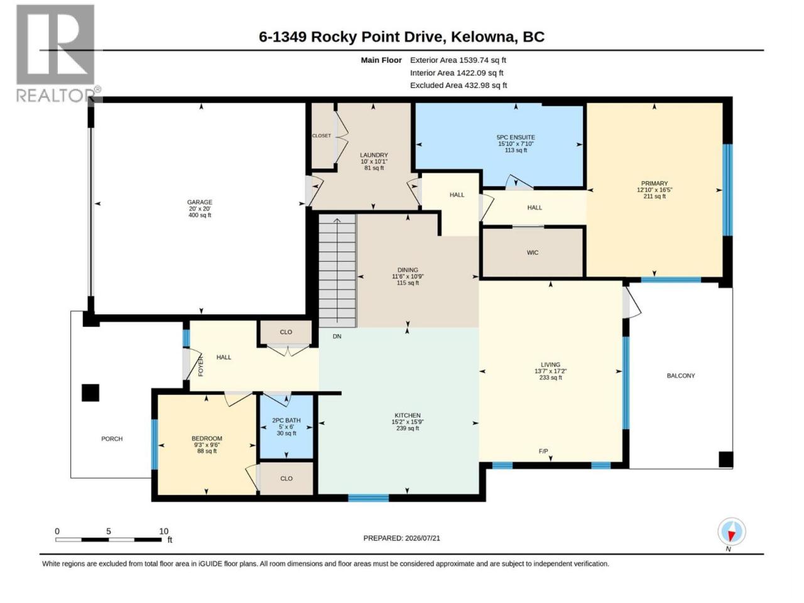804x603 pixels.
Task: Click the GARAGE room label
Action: point(200,202)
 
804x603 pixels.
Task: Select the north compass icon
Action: point(731,533)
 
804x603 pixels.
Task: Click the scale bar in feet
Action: point(109,540)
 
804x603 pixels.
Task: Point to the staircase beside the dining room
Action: point(337,271)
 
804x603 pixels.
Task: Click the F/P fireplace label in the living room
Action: point(543,452)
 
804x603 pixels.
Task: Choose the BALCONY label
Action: point(680,376)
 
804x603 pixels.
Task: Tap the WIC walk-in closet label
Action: point(532,253)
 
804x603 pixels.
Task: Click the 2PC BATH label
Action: point(286,421)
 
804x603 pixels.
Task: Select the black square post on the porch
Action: point(90,393)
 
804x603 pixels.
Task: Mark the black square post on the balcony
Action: point(725,460)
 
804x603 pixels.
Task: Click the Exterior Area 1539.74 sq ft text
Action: point(458,60)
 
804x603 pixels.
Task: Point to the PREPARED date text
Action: point(401,538)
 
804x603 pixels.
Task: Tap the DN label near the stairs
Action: point(337,336)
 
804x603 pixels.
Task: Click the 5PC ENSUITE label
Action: point(515,138)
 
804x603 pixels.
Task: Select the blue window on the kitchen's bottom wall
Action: point(368,498)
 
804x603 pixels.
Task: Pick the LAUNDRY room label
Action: point(374,155)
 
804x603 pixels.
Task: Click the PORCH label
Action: point(112,439)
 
